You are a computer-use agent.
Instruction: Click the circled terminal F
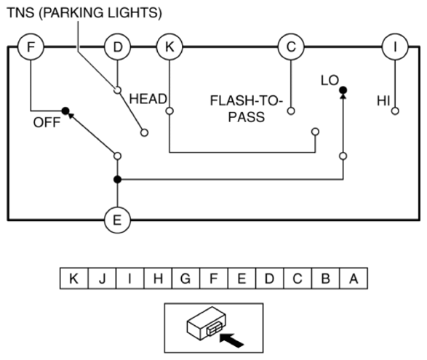pos(31,47)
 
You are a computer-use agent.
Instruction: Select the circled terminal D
pos(117,47)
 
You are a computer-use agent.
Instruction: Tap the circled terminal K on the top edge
pos(169,47)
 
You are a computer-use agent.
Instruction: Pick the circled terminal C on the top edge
pos(291,47)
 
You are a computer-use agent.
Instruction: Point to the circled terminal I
pos(395,47)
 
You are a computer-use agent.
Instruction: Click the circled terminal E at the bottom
pos(117,220)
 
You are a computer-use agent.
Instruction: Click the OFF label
pos(47,122)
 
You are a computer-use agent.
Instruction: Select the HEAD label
pos(148,99)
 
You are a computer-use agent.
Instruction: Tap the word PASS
pos(246,117)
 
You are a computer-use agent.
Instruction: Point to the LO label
pos(330,80)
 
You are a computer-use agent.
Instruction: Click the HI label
pos(383,101)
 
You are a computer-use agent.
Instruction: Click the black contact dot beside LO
pos(343,90)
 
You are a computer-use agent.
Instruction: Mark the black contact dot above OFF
pos(65,111)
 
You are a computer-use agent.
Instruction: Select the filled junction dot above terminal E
pos(117,180)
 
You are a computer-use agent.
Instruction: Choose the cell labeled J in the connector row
pos(102,279)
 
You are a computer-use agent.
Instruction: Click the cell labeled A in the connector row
pos(354,279)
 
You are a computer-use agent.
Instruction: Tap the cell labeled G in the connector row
pos(185,279)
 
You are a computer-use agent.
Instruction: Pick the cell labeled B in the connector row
pos(326,279)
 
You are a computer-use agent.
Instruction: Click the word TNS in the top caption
pos(20,13)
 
